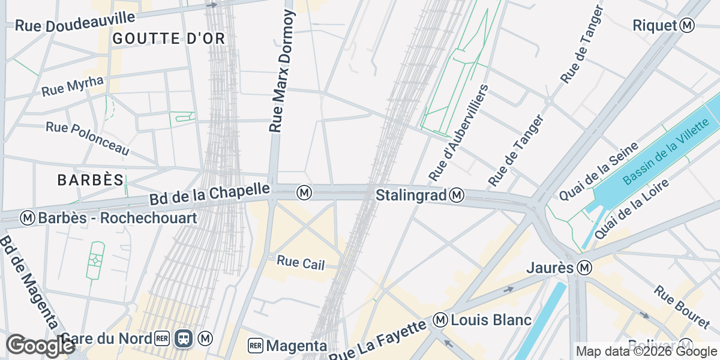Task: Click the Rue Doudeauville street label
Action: pyautogui.click(x=74, y=25)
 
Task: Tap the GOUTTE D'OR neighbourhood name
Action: pyautogui.click(x=169, y=39)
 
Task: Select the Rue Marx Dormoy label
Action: pyautogui.click(x=283, y=71)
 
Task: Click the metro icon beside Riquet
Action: pyautogui.click(x=688, y=25)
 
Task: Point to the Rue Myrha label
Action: pyautogui.click(x=73, y=86)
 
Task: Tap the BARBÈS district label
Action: pyautogui.click(x=91, y=179)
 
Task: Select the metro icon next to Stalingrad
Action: pyautogui.click(x=457, y=195)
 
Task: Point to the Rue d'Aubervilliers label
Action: pyautogui.click(x=459, y=133)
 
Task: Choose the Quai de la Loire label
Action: pyautogui.click(x=631, y=200)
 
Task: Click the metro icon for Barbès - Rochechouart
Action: pyautogui.click(x=27, y=218)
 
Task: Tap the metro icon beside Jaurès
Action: pyautogui.click(x=584, y=267)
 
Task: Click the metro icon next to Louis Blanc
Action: pyautogui.click(x=441, y=320)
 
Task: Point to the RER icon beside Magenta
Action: pyautogui.click(x=256, y=346)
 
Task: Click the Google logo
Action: pyautogui.click(x=40, y=346)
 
